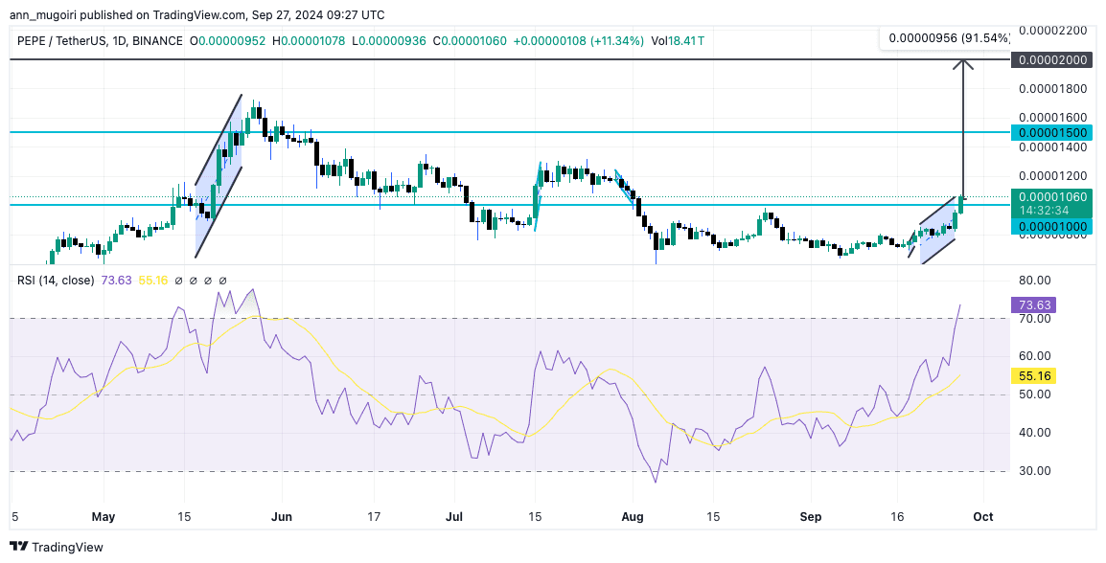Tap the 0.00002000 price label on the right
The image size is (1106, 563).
pos(1051,59)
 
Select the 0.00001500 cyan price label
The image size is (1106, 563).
pos(1051,132)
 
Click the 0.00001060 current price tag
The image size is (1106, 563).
pos(1051,196)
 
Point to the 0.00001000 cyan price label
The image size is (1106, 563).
pos(1051,226)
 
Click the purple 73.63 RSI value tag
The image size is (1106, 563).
pos(1034,305)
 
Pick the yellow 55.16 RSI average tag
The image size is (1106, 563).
pos(1034,376)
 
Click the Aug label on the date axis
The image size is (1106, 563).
pos(633,517)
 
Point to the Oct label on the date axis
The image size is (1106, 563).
pos(982,517)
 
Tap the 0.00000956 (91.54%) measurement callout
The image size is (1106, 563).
pos(949,38)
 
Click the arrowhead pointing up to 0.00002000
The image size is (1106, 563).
pos(963,64)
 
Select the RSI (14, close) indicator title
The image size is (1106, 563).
pos(56,281)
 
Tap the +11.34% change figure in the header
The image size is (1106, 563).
pos(618,41)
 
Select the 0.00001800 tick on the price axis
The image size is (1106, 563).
pos(1051,89)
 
